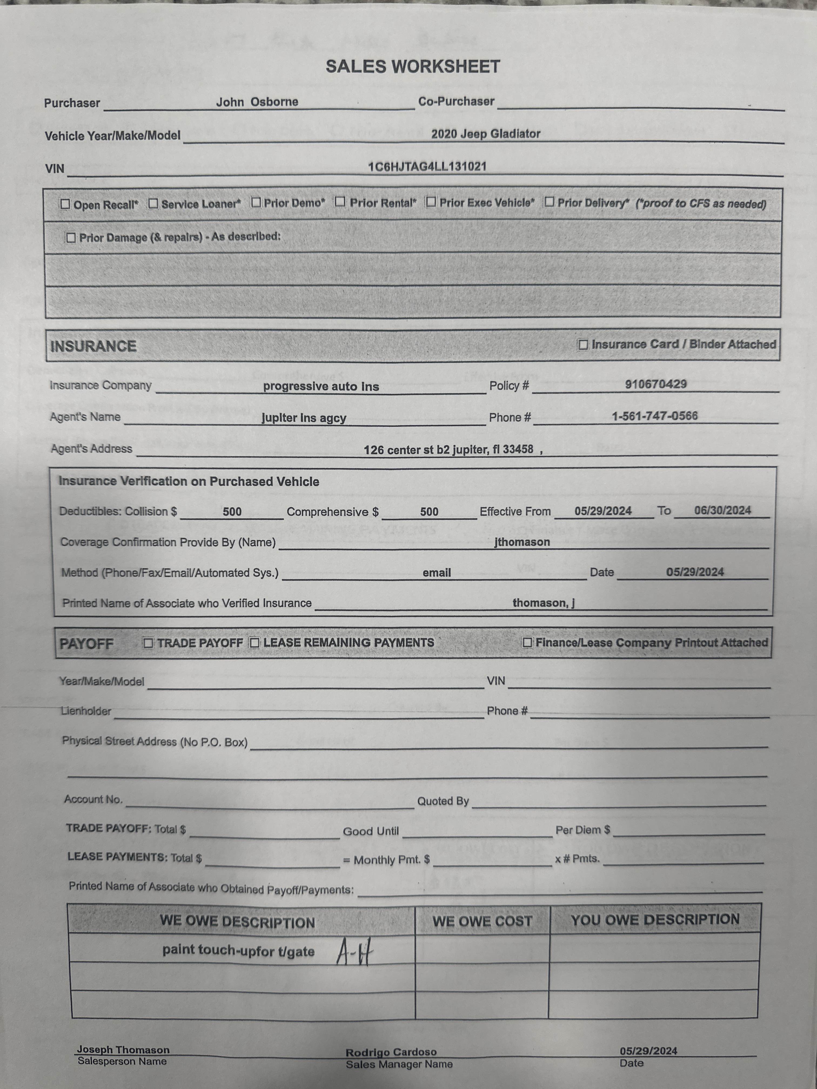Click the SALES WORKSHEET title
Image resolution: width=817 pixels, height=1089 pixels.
point(413,66)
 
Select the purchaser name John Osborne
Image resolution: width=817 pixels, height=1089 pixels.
point(257,102)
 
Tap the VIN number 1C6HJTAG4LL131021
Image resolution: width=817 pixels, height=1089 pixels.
point(427,166)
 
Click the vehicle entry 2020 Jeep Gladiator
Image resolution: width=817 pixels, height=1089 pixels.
point(485,134)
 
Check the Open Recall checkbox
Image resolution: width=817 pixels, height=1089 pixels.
point(65,204)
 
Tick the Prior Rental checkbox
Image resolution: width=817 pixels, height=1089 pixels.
point(340,202)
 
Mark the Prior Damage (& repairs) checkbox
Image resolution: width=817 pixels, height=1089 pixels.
point(71,238)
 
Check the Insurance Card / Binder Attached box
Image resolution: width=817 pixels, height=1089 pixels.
point(583,345)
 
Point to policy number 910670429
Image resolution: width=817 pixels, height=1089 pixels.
point(655,384)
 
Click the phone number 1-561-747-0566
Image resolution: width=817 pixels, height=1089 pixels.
point(654,416)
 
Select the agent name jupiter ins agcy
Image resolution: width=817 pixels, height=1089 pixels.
point(304,418)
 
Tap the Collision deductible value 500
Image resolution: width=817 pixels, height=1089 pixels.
point(232,512)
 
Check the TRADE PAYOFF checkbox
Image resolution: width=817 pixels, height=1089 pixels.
point(148,643)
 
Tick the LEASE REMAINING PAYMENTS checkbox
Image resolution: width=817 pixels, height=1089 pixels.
point(255,643)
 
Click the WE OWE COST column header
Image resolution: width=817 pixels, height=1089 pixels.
point(482,921)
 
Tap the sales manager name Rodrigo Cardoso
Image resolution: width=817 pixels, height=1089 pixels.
point(391,1052)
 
